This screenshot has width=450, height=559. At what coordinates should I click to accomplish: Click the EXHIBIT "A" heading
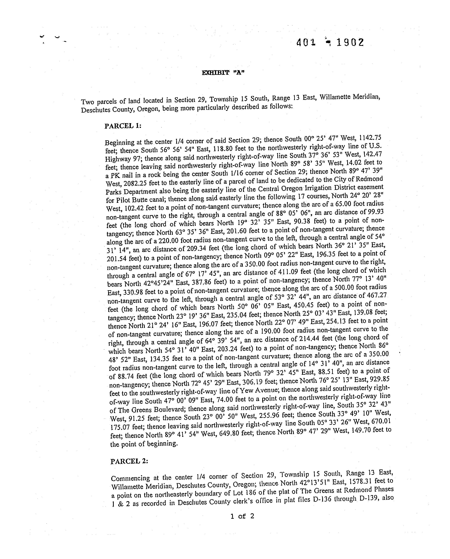pyautogui.click(x=223, y=73)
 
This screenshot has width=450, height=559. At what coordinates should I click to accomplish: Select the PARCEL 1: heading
pyautogui.click(x=123, y=126)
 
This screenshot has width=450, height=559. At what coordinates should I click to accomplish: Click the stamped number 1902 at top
pyautogui.click(x=350, y=42)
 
